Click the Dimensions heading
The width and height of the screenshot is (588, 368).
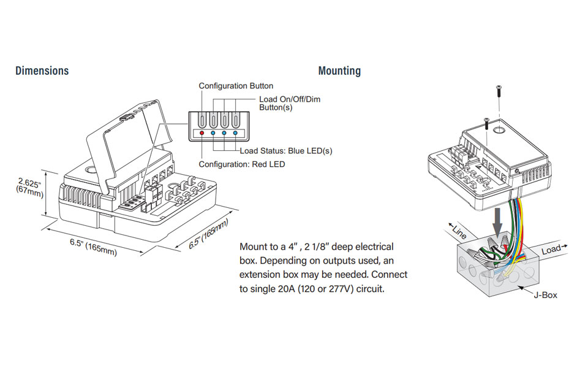point(42,71)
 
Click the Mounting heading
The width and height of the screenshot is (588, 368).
point(339,71)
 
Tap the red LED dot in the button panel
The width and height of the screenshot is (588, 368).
point(202,133)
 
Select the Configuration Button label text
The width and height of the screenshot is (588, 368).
point(236,86)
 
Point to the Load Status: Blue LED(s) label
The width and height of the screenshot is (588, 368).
point(286,151)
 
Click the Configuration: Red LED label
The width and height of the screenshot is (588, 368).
point(242,164)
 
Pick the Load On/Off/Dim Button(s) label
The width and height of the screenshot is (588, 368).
point(290,103)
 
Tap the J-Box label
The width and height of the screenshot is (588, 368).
point(545,295)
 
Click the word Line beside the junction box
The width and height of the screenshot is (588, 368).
point(459,232)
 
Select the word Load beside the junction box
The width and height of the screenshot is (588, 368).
point(551,250)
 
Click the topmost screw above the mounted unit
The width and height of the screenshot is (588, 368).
point(499,91)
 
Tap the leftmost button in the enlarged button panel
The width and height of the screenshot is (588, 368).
point(202,121)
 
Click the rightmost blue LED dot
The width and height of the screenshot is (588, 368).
point(235,133)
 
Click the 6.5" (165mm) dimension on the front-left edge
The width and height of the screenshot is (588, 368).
point(93,247)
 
